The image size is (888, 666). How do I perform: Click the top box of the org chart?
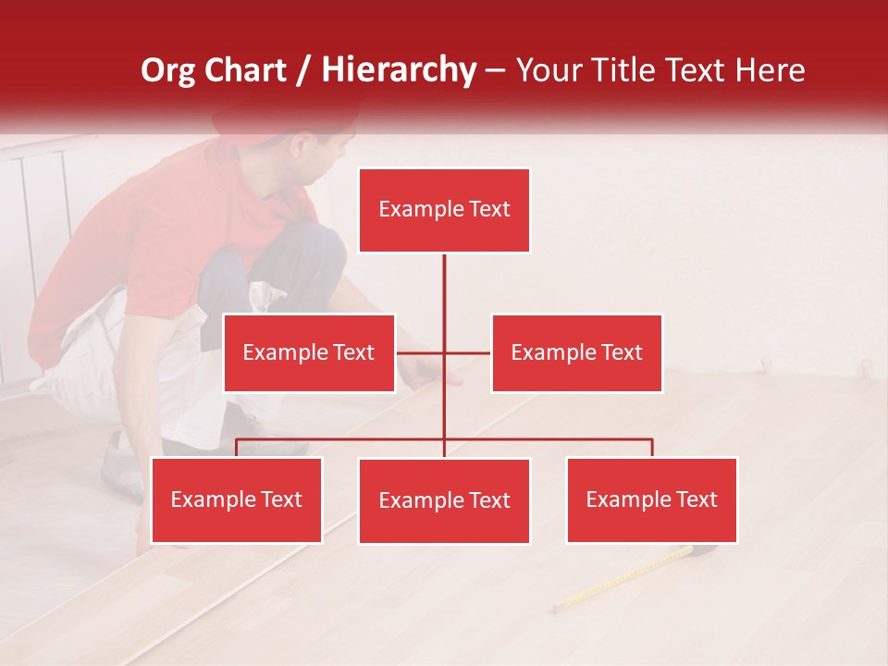[444, 210]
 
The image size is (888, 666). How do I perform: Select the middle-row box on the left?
[309, 352]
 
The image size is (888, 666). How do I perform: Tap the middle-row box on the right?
[576, 352]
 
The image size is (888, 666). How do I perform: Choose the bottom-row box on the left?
[237, 499]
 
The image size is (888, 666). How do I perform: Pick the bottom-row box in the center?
[444, 500]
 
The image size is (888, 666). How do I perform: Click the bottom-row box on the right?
[651, 499]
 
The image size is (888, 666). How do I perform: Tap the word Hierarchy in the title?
[399, 70]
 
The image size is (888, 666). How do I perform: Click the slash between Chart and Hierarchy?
[305, 70]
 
